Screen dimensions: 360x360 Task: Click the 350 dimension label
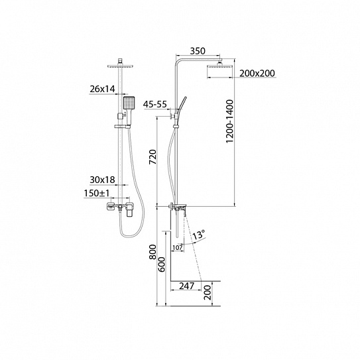(x=198, y=51)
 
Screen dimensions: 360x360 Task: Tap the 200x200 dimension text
(x=257, y=73)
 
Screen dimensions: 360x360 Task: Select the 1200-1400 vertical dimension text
(x=229, y=121)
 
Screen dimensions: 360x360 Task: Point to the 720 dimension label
(x=152, y=157)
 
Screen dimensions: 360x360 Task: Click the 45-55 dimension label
(x=155, y=105)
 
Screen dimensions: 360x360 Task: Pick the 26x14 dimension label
(x=102, y=89)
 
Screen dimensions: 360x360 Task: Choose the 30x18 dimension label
(x=102, y=180)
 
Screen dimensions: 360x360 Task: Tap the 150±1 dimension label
(x=97, y=194)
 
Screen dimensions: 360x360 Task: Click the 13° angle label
(x=198, y=235)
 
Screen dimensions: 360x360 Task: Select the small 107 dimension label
(x=178, y=248)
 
